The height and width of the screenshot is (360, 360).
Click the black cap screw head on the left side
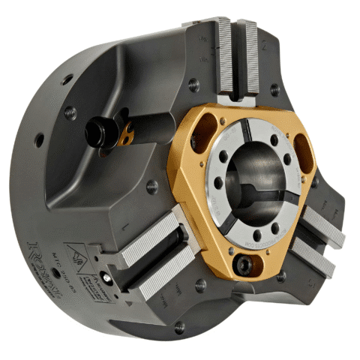96,134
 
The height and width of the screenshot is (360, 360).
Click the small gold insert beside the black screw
127,138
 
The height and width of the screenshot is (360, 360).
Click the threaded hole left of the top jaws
194,85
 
